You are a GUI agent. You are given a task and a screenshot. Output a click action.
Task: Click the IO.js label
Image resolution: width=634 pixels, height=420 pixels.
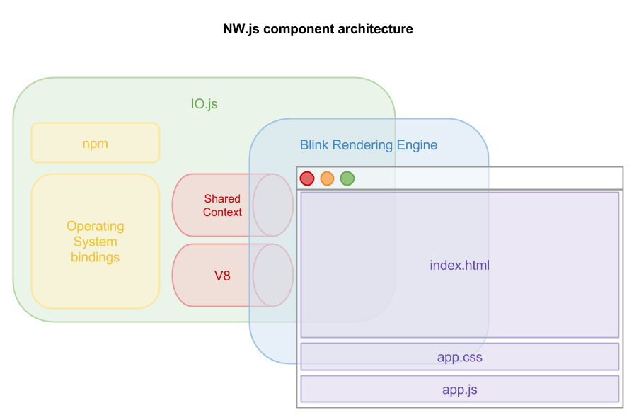click(204, 104)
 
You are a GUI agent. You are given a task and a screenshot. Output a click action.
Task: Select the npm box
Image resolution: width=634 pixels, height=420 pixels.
click(96, 143)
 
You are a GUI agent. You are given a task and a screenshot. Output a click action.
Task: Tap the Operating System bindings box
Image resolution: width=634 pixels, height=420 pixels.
click(96, 242)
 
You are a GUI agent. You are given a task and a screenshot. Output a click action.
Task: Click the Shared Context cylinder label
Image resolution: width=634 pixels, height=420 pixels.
click(222, 205)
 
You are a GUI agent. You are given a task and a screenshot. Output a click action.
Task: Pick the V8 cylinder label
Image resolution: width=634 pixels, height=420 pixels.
click(222, 276)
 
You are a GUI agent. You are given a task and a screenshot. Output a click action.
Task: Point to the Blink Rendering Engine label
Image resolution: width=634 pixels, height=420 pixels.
click(369, 145)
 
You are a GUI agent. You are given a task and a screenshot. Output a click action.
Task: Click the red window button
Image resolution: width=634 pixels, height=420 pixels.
click(307, 178)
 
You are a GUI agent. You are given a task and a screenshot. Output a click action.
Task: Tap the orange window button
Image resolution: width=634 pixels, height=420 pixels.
click(327, 178)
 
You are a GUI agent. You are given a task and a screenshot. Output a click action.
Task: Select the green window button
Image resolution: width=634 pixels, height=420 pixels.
click(347, 178)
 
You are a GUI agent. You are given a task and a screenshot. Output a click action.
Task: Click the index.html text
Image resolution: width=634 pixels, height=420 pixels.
click(460, 266)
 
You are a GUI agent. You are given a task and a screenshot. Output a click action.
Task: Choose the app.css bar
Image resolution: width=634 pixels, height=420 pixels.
click(460, 357)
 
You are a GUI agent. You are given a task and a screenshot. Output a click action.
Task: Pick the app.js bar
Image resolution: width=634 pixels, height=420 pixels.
click(460, 389)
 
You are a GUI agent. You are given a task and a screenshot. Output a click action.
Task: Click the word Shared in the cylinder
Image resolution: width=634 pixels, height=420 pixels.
click(222, 199)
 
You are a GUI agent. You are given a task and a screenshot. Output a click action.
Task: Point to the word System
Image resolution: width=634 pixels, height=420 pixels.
click(96, 242)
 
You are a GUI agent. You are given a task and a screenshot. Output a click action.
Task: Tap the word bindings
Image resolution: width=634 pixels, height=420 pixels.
click(96, 257)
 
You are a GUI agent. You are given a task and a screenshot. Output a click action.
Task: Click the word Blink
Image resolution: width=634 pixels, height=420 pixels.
click(315, 145)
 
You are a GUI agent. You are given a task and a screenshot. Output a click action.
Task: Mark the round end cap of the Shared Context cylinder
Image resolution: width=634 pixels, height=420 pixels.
click(273, 205)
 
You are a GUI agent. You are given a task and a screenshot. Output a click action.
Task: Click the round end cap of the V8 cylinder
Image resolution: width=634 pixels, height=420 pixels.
click(273, 276)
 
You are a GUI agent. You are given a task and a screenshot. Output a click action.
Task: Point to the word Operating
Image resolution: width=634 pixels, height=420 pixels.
click(96, 226)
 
